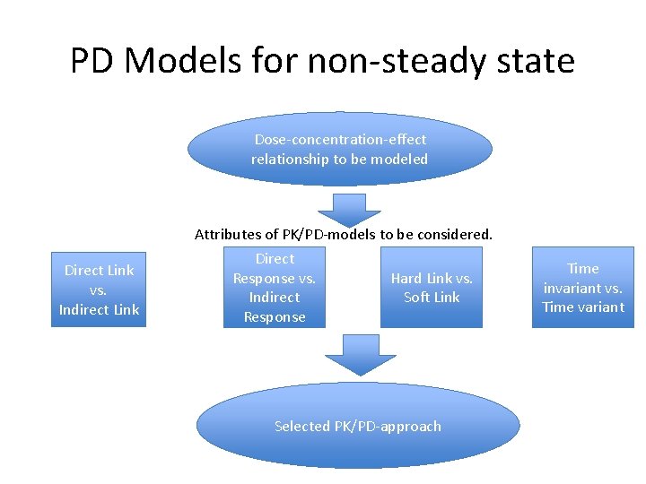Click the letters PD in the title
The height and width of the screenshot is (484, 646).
[93, 61]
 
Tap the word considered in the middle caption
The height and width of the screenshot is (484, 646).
[455, 235]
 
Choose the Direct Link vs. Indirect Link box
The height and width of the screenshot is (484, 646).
[99, 290]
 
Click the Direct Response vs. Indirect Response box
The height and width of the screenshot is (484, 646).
[275, 287]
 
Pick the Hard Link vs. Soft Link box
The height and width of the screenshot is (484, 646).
[432, 287]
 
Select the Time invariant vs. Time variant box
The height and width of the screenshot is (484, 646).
[583, 287]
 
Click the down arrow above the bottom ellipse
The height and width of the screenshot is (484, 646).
[359, 353]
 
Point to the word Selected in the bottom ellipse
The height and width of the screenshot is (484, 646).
[302, 427]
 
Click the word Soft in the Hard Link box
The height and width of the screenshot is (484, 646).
[417, 298]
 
